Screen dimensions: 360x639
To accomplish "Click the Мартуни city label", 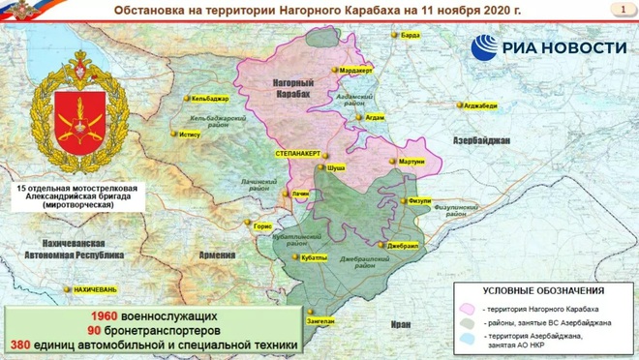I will pos(411,162).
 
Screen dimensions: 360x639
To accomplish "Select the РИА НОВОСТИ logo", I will pos(548,47).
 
